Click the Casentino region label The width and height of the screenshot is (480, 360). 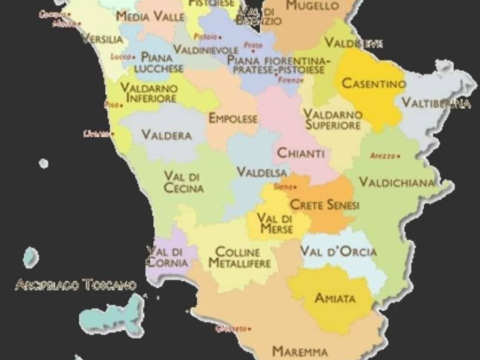[373, 84]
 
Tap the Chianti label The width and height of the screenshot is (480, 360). [301, 153]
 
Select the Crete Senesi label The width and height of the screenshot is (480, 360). [325, 205]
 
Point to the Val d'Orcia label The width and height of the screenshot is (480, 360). [338, 252]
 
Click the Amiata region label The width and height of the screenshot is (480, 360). [335, 298]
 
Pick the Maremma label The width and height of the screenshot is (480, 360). [300, 351]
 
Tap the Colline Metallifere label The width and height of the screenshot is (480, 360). [240, 257]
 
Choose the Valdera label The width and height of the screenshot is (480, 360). [166, 135]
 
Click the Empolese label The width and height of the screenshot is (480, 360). [233, 118]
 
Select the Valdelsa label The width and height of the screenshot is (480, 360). [262, 172]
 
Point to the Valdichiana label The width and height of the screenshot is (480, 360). [397, 182]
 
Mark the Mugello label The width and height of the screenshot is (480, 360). [312, 6]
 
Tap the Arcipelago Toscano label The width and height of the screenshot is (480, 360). [76, 285]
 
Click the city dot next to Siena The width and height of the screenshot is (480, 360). [295, 187]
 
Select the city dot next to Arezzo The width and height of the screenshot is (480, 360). [399, 156]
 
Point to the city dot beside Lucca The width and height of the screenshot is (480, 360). [134, 57]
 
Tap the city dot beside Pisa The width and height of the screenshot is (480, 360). [121, 105]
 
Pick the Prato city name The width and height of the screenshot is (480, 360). [253, 45]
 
